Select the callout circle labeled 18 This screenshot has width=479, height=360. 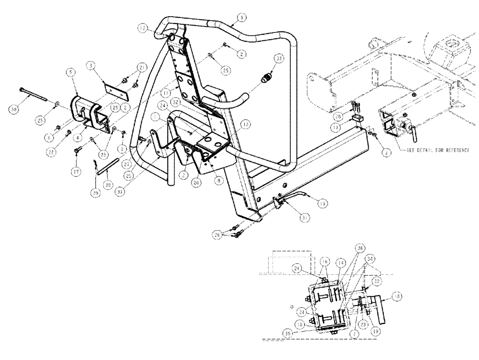(397, 296)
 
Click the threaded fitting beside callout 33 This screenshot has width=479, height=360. (265, 76)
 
